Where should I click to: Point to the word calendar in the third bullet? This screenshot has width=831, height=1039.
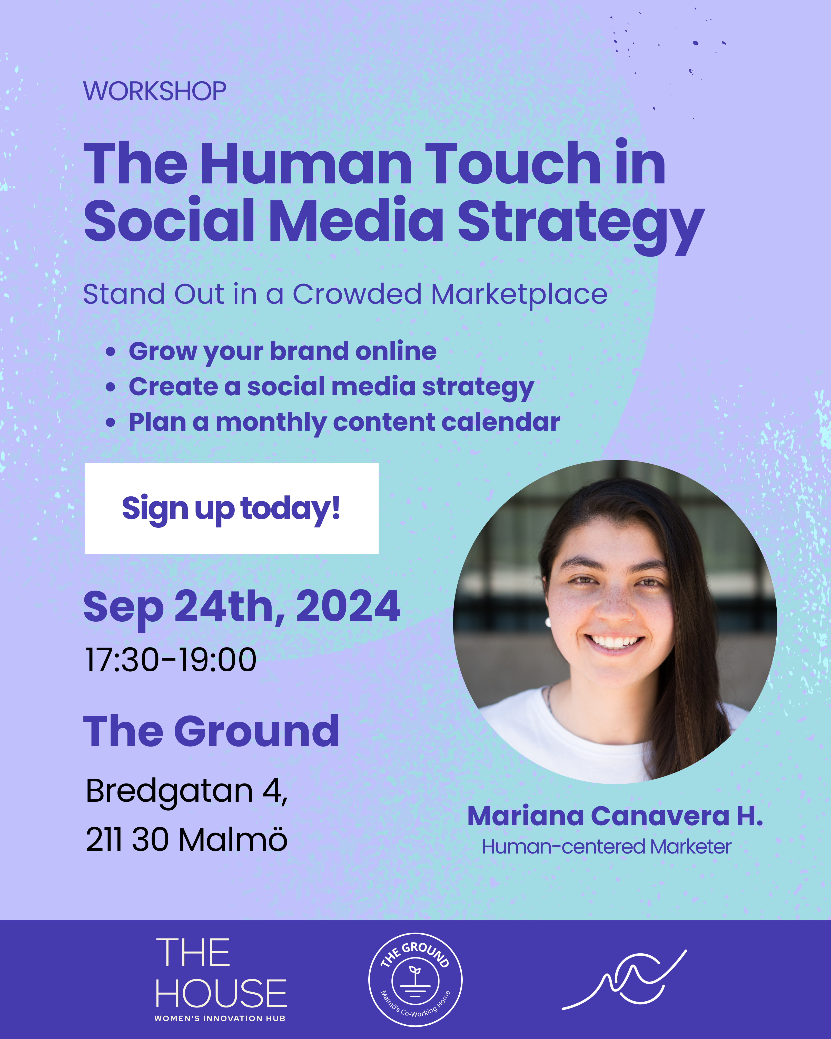(x=501, y=422)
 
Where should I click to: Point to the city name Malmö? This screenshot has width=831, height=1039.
(x=233, y=839)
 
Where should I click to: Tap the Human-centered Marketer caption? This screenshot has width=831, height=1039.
(x=607, y=846)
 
